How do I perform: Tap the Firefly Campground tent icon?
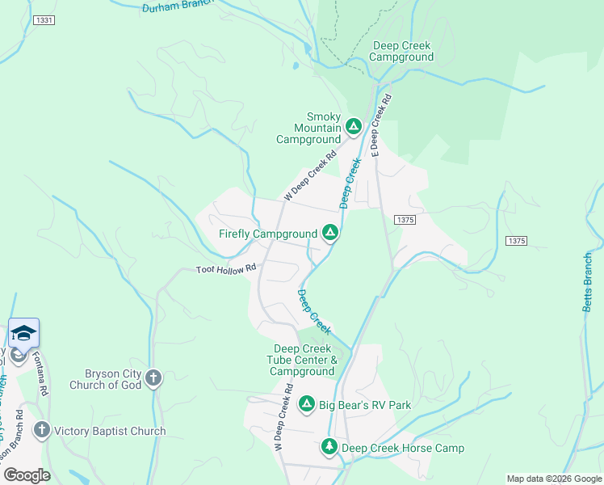329,234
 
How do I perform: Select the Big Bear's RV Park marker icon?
307,404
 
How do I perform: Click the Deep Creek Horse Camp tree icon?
329,447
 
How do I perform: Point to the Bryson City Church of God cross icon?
153,378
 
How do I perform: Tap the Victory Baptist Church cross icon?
41,431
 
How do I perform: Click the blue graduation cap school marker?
23,334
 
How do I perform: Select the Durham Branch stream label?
176,8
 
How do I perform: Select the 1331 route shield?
44,18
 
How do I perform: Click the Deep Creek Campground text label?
401,52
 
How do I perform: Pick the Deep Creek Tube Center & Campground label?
302,360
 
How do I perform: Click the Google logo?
27,475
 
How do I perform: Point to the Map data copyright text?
554,479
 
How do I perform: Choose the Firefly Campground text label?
268,234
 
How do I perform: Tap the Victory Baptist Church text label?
110,432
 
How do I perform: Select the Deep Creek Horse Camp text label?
402,448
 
